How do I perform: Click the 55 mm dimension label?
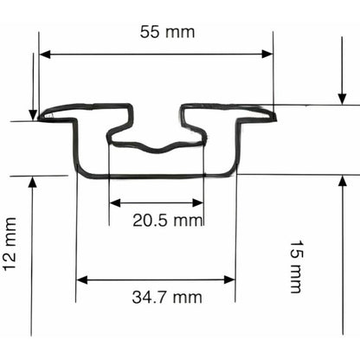(x=167, y=32)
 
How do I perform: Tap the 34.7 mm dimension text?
(x=167, y=297)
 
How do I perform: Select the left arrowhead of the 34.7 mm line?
(x=82, y=280)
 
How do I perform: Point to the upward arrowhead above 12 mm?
(x=32, y=183)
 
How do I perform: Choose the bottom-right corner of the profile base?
(x=232, y=174)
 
